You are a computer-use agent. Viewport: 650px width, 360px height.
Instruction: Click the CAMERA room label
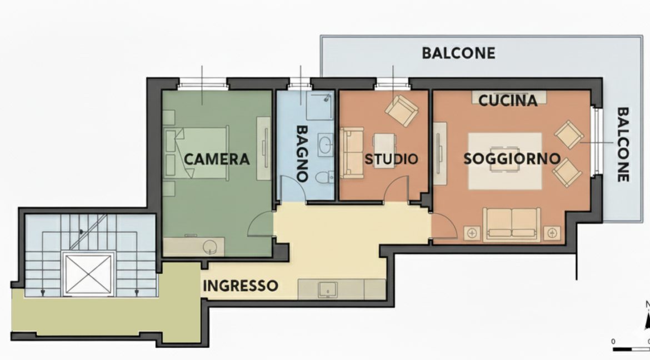tap(217, 159)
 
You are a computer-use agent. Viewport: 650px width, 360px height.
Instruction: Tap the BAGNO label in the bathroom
tap(302, 153)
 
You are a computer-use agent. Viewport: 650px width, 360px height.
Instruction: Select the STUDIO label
tap(391, 159)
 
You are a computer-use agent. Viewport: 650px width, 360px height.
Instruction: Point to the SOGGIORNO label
tap(512, 158)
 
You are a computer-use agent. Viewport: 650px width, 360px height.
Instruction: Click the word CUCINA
tap(508, 101)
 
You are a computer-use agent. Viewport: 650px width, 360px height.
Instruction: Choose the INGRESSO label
tap(241, 286)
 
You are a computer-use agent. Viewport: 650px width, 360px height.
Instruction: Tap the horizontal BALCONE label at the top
tap(458, 53)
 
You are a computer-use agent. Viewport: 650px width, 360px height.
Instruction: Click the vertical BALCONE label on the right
tap(623, 144)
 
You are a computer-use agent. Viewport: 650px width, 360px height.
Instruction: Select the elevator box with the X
tap(87, 274)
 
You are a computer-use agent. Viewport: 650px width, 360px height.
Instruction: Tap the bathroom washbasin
tap(326, 145)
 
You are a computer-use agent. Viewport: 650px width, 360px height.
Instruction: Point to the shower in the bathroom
tap(320, 105)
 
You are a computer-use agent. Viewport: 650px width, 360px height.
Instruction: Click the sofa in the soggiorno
tap(512, 224)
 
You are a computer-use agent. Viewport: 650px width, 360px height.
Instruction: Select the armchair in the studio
tap(402, 111)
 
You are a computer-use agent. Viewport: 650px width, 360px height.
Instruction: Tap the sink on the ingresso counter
tap(327, 290)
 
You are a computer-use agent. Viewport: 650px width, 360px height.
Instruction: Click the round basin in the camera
tap(210, 247)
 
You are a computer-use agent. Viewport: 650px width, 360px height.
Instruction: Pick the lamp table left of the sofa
tap(472, 233)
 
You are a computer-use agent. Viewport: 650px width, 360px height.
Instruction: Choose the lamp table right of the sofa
tap(552, 233)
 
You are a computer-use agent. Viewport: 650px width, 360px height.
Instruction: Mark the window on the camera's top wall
tap(202, 86)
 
